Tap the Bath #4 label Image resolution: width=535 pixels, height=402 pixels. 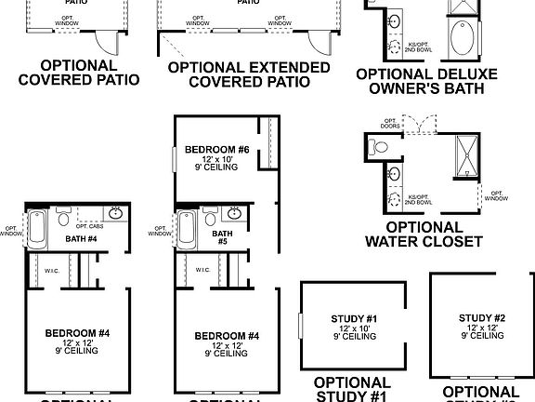coord(81,238)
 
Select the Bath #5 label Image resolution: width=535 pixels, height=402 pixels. coord(221,238)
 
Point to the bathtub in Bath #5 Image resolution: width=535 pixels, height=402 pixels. coord(184,227)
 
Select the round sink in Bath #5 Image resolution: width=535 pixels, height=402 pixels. coord(235,212)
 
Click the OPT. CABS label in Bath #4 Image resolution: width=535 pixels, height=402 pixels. coord(89,226)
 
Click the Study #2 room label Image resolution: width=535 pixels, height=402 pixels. coord(481,318)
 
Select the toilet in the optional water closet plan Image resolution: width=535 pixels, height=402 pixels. coord(377,146)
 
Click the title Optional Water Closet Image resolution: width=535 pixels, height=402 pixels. coord(424,234)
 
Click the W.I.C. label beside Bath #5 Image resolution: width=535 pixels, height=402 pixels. coord(202,270)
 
